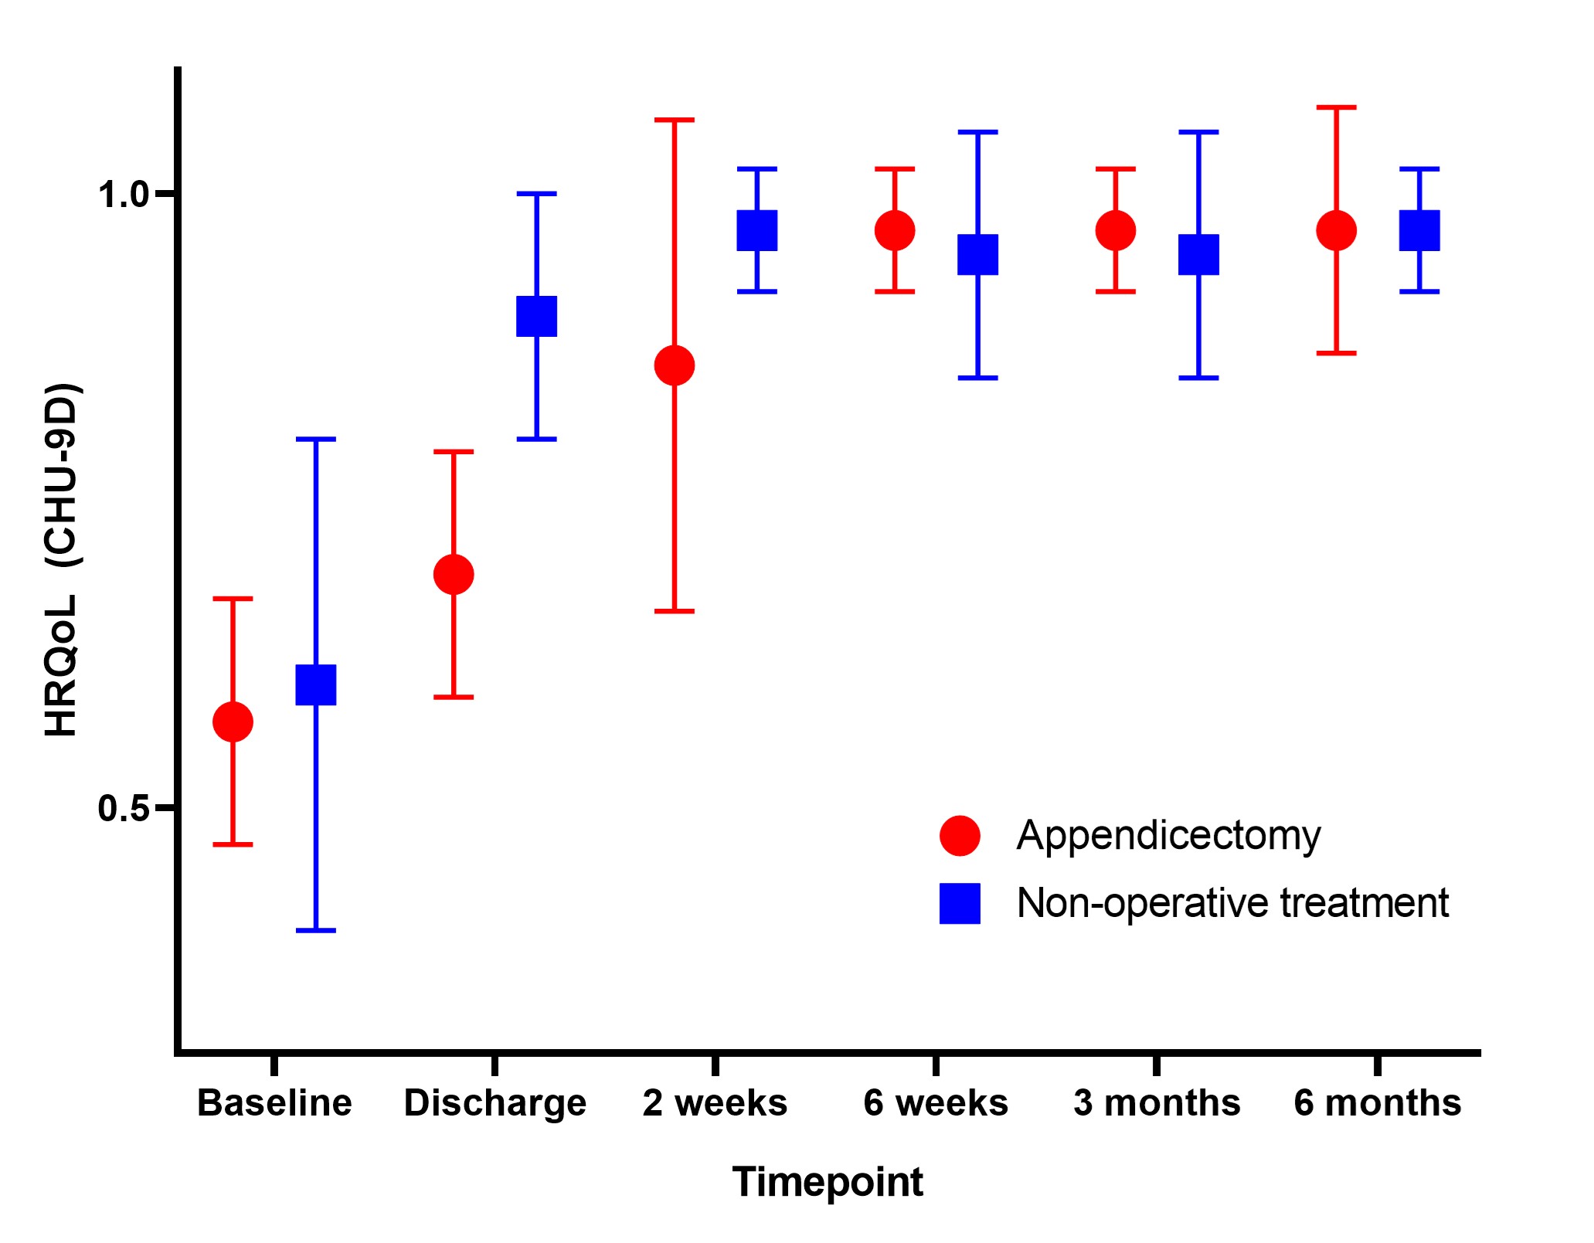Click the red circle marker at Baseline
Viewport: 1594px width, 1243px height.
point(233,722)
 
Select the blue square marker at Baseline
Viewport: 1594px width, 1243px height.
point(316,684)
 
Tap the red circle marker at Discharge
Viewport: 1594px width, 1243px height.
point(454,574)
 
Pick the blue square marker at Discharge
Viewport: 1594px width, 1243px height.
point(536,316)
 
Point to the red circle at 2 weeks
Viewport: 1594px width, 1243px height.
point(675,365)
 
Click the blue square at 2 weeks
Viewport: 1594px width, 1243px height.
point(757,230)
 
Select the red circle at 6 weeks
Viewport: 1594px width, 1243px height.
point(895,230)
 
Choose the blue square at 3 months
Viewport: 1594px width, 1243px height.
point(1198,254)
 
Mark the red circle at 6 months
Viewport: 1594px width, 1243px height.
point(1337,230)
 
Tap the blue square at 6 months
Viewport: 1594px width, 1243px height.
point(1419,230)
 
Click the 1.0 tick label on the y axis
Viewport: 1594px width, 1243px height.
point(123,195)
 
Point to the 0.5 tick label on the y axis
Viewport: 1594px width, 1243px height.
point(123,809)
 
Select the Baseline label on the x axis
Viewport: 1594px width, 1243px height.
point(274,1102)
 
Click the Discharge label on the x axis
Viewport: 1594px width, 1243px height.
point(495,1102)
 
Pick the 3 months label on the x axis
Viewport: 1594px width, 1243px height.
point(1157,1102)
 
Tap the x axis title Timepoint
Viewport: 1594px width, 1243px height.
point(828,1181)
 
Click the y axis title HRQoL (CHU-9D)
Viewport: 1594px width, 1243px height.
point(62,559)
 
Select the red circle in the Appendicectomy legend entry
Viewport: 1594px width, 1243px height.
point(960,835)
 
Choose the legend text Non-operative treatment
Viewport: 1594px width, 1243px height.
point(1232,902)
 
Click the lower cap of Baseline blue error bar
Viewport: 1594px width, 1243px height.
point(316,930)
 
